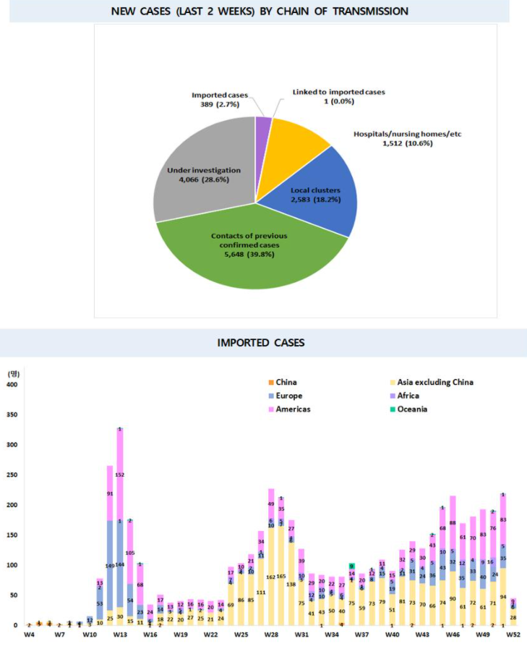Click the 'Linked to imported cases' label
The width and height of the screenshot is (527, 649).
pos(339,92)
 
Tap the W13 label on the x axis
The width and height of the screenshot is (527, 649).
pos(120,635)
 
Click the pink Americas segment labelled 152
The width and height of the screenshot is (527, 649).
pos(120,454)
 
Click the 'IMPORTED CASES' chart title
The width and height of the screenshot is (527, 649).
pos(262,342)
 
